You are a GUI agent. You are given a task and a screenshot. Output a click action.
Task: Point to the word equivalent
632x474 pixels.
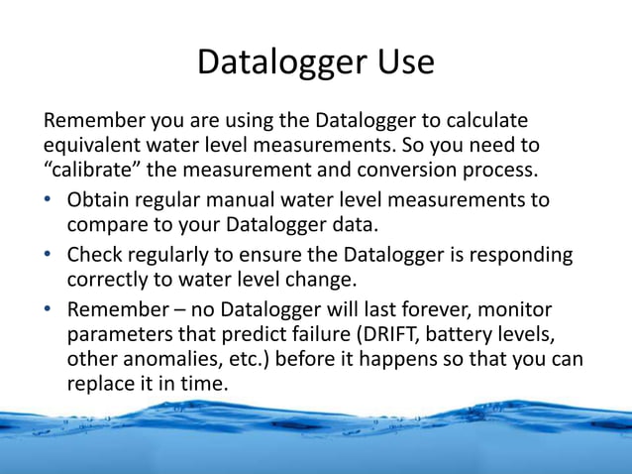tap(93, 146)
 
